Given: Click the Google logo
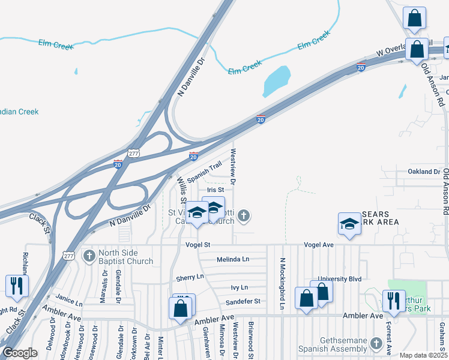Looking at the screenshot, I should click(20, 353).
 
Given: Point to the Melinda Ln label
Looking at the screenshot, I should click(232, 259).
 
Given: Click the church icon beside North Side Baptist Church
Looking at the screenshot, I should click(89, 256).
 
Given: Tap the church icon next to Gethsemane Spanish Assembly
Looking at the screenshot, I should click(376, 343).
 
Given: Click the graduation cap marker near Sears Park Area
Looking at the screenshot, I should click(350, 223).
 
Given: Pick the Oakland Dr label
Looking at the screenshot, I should click(424, 172).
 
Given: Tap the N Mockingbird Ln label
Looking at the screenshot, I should click(281, 284).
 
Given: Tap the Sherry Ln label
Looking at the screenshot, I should click(190, 278).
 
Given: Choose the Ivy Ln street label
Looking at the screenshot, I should click(239, 287).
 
